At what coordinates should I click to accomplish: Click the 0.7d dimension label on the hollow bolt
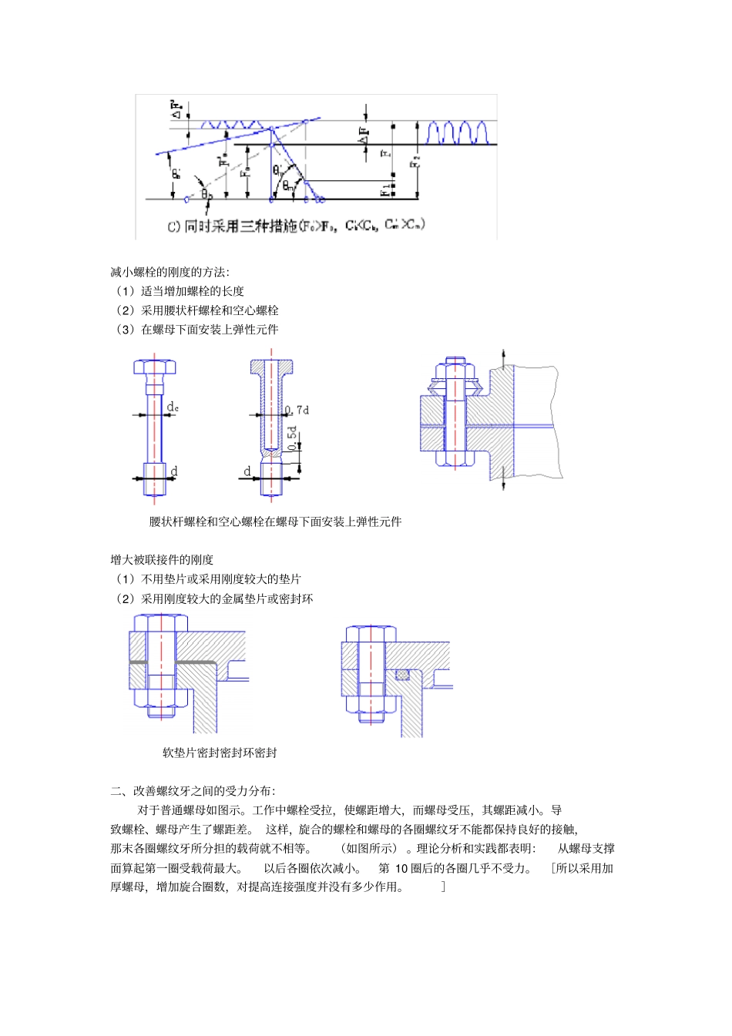[297, 410]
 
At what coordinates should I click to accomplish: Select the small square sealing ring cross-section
[402, 675]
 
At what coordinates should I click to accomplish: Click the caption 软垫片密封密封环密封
[220, 753]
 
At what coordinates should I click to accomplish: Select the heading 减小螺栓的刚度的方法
[170, 272]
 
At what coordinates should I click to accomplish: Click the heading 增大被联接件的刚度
[162, 560]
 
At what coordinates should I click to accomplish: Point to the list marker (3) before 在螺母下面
[125, 330]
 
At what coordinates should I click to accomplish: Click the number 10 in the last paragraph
[401, 868]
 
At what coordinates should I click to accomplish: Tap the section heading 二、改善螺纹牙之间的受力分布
[193, 791]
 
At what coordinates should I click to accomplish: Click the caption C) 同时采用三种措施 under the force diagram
[297, 226]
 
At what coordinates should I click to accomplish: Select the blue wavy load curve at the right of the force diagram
[458, 132]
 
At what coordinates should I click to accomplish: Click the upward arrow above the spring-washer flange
[503, 357]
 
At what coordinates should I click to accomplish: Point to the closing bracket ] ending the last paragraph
[443, 887]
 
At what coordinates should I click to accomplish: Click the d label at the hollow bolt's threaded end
[247, 471]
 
